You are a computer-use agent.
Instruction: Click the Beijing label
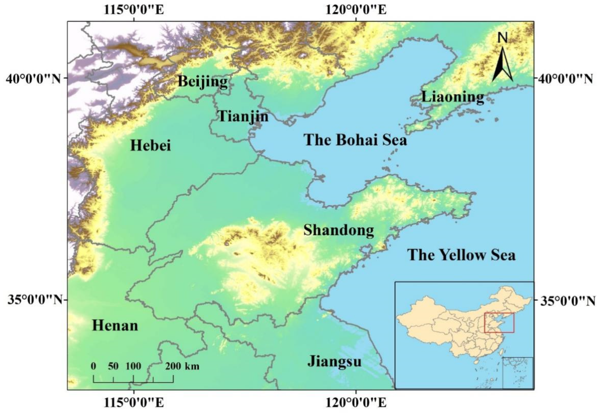coord(203,82)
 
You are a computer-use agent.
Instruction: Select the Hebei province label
coord(151,145)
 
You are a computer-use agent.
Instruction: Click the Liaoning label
coord(453,97)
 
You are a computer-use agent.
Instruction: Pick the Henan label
coord(115,326)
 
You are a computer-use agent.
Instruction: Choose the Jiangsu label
coord(334,361)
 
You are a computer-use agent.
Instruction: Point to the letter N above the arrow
coord(503,38)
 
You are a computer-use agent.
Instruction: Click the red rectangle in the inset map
coord(499,323)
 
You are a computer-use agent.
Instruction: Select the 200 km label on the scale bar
coord(183,366)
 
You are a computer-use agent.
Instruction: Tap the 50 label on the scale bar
coord(113,366)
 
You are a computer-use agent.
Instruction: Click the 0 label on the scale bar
coord(93,366)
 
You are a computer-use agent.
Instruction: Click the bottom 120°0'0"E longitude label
coord(356,403)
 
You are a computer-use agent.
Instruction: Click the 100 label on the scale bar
coord(134,366)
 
